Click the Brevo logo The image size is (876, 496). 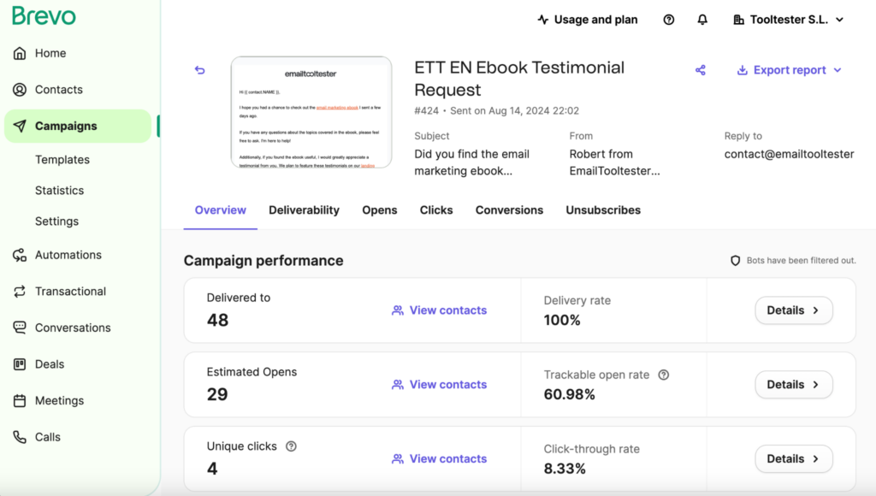click(44, 15)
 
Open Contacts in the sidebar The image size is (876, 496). click(58, 90)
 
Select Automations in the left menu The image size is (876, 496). click(68, 255)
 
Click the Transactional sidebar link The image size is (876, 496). click(70, 292)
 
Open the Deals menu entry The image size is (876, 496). click(49, 364)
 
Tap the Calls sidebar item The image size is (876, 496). click(47, 437)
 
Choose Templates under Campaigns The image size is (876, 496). click(62, 160)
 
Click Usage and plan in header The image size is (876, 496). click(587, 20)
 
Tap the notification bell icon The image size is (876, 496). click(702, 20)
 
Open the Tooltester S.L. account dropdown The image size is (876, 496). click(789, 20)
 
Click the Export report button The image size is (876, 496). click(789, 70)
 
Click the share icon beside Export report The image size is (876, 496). click(701, 70)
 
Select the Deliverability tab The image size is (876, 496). click(304, 210)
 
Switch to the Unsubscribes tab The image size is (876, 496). click(602, 210)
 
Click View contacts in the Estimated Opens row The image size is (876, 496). click(439, 385)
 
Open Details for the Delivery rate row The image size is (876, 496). click(793, 310)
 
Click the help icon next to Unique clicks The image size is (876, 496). click(291, 446)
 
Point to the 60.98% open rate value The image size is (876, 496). click(569, 394)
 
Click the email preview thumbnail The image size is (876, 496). click(311, 112)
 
